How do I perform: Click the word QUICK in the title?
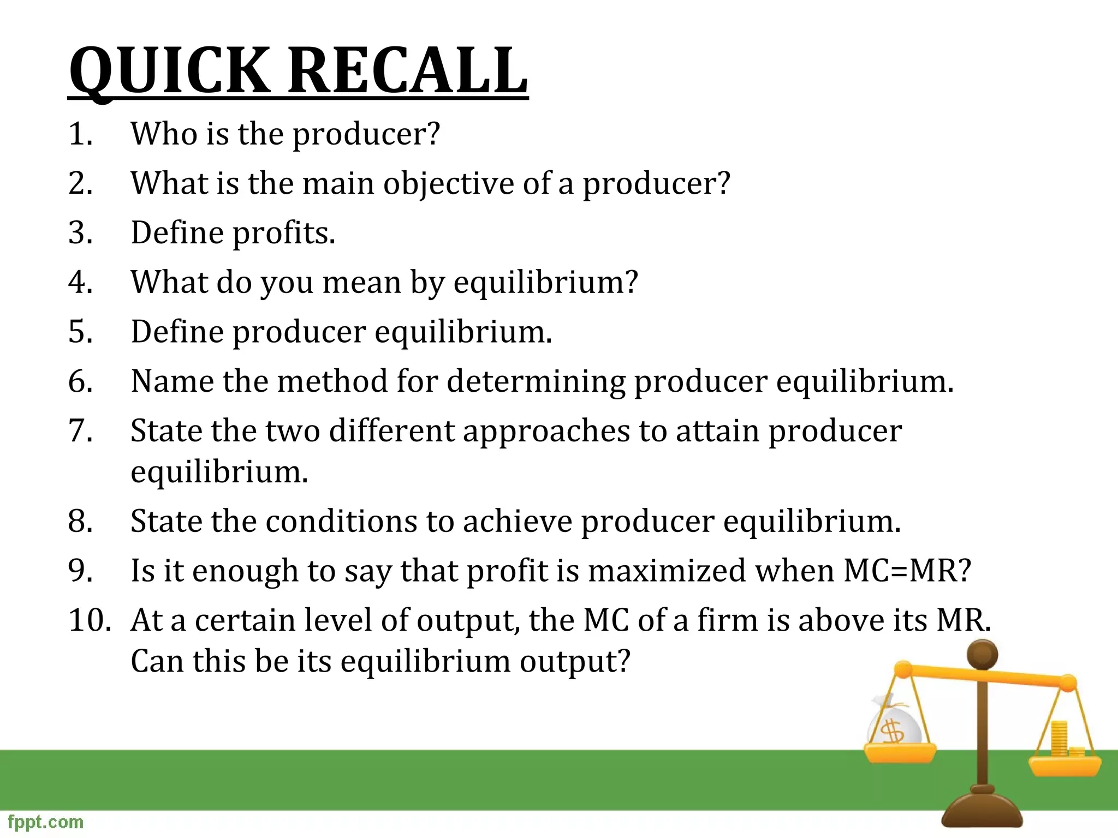(169, 71)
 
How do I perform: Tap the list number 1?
(80, 134)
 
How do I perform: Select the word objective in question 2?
(448, 183)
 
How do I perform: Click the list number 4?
(80, 283)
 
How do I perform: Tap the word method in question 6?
(332, 381)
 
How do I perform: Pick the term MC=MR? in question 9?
(907, 571)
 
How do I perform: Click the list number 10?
(90, 621)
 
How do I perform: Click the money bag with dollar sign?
(894, 723)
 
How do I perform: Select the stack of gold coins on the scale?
(1060, 739)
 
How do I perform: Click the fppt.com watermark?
(46, 822)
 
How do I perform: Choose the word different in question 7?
(392, 431)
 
